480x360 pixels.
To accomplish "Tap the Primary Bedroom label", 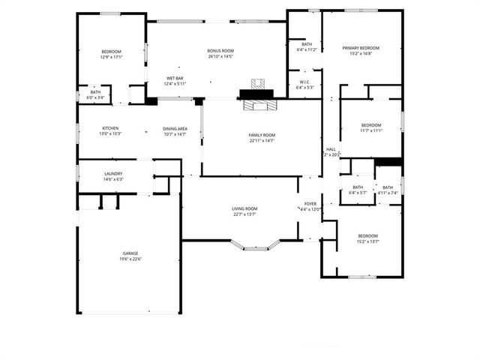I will point(361,48).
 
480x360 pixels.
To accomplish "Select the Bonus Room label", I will point(220,51).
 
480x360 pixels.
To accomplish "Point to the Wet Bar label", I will point(175,78).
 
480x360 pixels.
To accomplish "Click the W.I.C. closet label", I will point(304,82).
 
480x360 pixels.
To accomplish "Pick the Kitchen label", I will point(111,129).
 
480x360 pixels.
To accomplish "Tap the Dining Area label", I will point(175,129).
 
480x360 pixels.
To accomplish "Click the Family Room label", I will point(262,136).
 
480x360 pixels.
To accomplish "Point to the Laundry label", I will point(113,174).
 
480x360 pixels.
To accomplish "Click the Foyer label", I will point(310,204).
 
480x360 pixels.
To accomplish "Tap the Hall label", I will point(331,149).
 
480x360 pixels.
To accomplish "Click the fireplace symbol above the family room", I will point(259,94).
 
